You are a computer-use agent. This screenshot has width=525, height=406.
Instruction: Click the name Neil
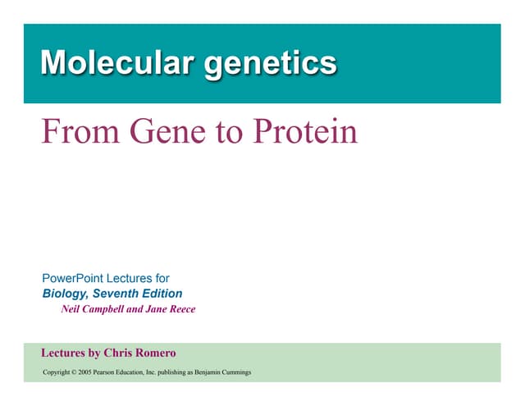[x=71, y=309]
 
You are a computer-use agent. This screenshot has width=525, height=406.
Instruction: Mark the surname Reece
[x=183, y=309]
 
